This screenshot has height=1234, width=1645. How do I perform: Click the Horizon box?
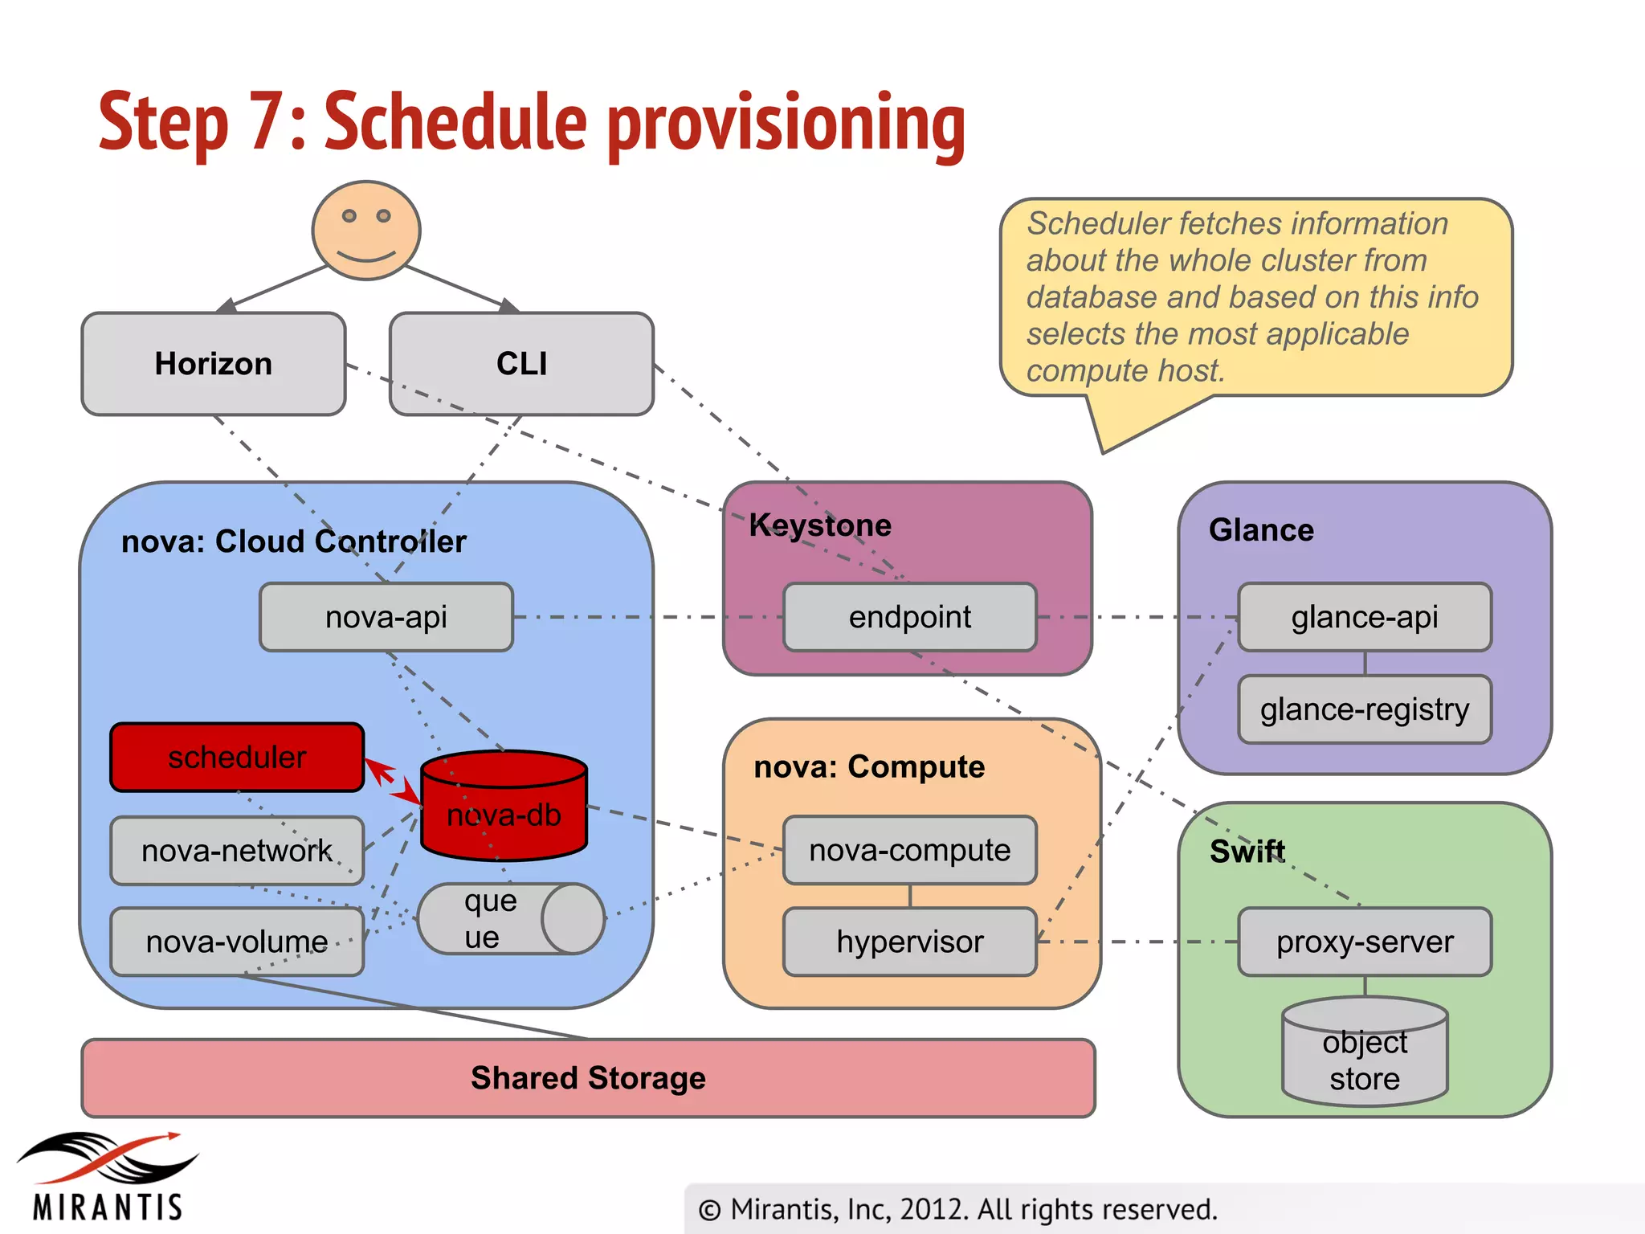[214, 364]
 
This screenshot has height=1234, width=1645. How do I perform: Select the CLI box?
[521, 364]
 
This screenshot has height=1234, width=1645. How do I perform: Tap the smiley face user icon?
[366, 231]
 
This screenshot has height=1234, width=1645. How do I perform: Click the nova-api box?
[386, 617]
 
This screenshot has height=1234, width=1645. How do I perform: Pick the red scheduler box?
[237, 757]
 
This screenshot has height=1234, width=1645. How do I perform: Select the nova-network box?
[237, 851]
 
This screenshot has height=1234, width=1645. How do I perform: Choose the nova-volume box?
[237, 942]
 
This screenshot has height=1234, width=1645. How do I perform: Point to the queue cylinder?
[511, 919]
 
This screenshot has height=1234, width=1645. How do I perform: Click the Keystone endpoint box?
[910, 617]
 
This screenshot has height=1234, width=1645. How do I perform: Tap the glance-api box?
[1365, 617]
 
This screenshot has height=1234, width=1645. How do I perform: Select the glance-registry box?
[1365, 709]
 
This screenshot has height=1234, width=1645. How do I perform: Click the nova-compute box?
[910, 850]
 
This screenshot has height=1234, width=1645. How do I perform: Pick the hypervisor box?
[910, 942]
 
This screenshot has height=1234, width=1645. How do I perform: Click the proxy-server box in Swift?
[1365, 942]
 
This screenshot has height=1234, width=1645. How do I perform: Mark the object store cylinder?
[1365, 1052]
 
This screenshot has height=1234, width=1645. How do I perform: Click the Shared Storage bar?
[588, 1078]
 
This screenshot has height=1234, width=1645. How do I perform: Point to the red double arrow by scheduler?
[393, 783]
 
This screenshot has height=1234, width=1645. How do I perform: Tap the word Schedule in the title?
[456, 122]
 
